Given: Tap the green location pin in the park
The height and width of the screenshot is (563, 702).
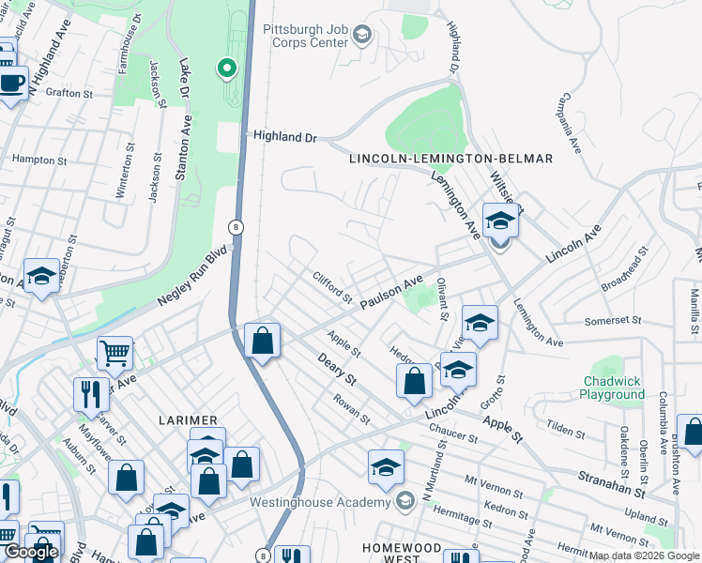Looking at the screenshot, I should point(226,68).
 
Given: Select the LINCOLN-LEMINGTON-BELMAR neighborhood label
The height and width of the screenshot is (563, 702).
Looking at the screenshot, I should point(450,159).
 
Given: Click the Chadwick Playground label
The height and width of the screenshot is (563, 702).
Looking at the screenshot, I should point(614,388).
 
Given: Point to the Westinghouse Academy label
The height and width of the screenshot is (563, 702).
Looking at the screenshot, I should point(323,501).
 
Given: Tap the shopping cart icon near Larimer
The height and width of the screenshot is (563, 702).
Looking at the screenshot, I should point(114,354).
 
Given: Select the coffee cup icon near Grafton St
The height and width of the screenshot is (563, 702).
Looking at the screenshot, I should point(12,82).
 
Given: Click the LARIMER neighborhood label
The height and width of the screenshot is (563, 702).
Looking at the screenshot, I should point(188,419).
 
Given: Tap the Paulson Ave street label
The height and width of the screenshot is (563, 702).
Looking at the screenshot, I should point(393,290).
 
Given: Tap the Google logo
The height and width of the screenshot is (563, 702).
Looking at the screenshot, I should point(32,551).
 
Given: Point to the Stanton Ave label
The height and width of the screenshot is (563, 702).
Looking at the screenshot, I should point(185,148).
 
